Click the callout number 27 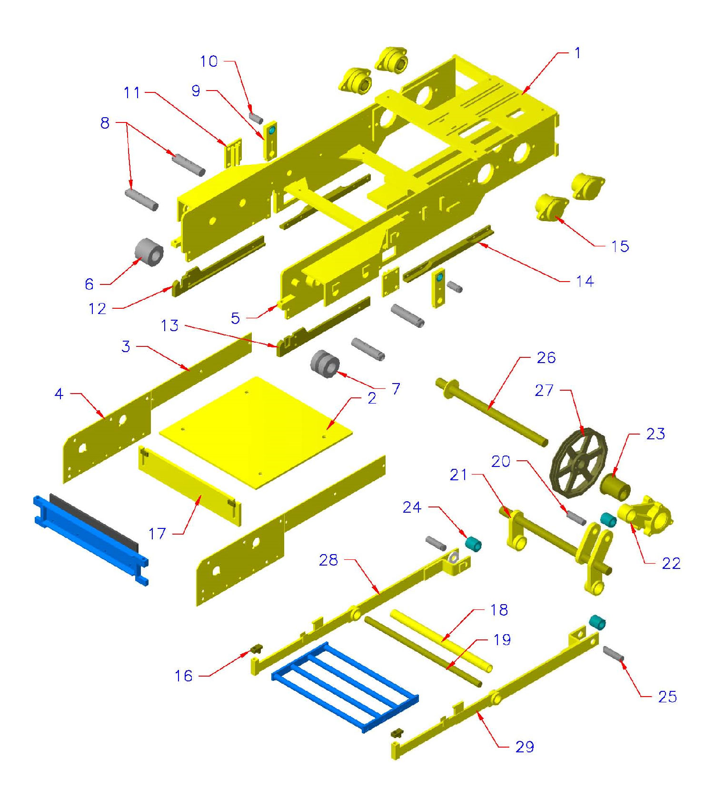(544, 391)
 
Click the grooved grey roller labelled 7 (325, 364)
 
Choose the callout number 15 (620, 246)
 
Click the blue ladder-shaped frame (345, 686)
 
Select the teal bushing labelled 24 (473, 544)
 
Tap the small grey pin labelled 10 (256, 118)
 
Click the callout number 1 (577, 53)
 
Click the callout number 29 (525, 747)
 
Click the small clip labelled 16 (257, 649)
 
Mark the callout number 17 (157, 534)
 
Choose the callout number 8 (105, 123)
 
